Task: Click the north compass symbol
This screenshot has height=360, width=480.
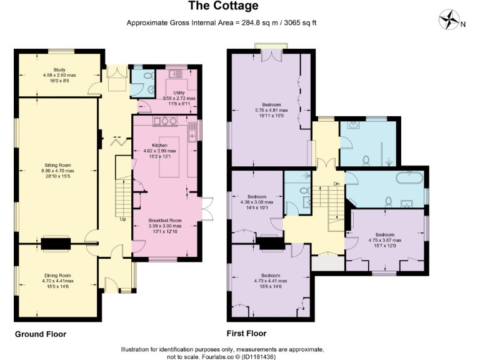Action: pyautogui.click(x=449, y=21)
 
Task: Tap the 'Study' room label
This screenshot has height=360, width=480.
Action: pyautogui.click(x=59, y=70)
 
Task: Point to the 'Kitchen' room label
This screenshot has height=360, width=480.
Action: pyautogui.click(x=160, y=145)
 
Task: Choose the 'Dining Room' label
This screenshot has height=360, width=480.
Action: pyautogui.click(x=57, y=275)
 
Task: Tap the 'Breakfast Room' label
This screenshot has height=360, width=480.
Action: pyautogui.click(x=164, y=221)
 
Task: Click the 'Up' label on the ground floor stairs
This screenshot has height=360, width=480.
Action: pyautogui.click(x=122, y=219)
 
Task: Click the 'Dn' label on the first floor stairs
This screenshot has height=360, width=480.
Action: pyautogui.click(x=336, y=184)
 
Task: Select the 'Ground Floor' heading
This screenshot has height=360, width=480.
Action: pyautogui.click(x=41, y=334)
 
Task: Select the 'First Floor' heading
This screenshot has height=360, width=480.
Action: pyautogui.click(x=247, y=334)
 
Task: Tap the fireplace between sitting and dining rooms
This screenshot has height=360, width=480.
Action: pyautogui.click(x=56, y=243)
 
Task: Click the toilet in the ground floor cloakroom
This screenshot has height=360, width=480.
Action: pyautogui.click(x=148, y=76)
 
